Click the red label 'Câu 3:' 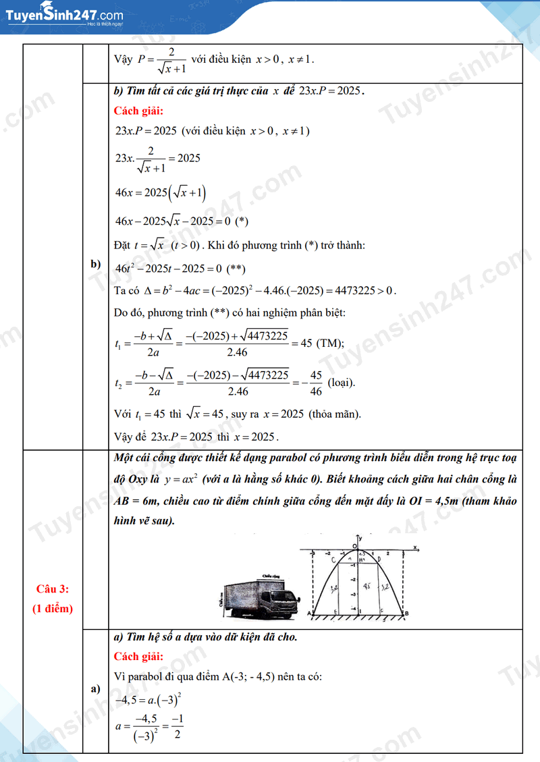pyautogui.click(x=53, y=589)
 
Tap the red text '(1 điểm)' pyautogui.click(x=53, y=608)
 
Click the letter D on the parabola pyautogui.click(x=379, y=560)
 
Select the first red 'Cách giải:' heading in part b pyautogui.click(x=138, y=111)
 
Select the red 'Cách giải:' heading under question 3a pyautogui.click(x=138, y=656)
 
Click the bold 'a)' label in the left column pyautogui.click(x=95, y=688)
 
